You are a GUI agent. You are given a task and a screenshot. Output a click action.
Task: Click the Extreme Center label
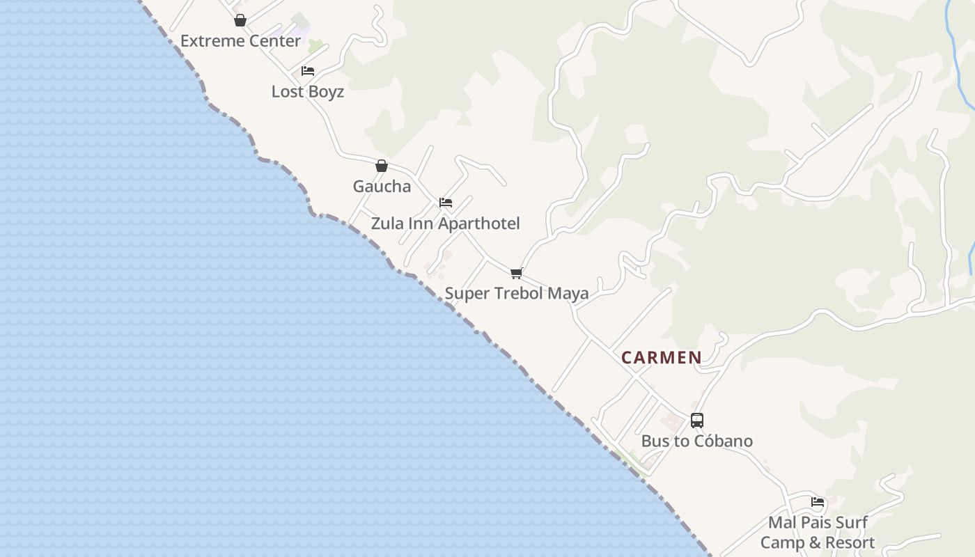click(240, 41)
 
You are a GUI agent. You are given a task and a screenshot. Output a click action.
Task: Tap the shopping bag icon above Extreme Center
click(240, 20)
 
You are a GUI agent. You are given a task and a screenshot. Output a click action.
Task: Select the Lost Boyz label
click(307, 91)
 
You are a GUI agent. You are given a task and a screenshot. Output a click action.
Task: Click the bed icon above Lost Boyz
click(308, 71)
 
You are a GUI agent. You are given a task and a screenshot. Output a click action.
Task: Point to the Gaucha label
click(382, 186)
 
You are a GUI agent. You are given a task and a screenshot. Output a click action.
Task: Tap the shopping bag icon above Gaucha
click(382, 166)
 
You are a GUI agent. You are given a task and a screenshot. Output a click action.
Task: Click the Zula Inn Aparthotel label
click(445, 223)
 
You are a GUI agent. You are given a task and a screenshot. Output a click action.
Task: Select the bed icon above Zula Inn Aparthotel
click(446, 203)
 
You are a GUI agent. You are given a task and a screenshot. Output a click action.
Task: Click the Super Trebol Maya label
click(516, 293)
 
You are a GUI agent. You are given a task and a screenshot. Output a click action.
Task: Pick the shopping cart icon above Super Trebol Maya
click(516, 273)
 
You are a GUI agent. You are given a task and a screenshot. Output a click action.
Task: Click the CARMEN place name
click(661, 358)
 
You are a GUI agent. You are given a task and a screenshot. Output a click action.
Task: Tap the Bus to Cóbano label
click(696, 441)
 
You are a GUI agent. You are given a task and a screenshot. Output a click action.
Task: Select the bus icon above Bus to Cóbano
click(697, 420)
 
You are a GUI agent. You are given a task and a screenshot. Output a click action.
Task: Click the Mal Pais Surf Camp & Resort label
click(818, 533)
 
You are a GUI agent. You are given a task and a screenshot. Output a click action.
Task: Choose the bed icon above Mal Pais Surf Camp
click(818, 501)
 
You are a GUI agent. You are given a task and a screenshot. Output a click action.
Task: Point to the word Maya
click(568, 293)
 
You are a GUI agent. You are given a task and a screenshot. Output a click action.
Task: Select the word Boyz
click(326, 91)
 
